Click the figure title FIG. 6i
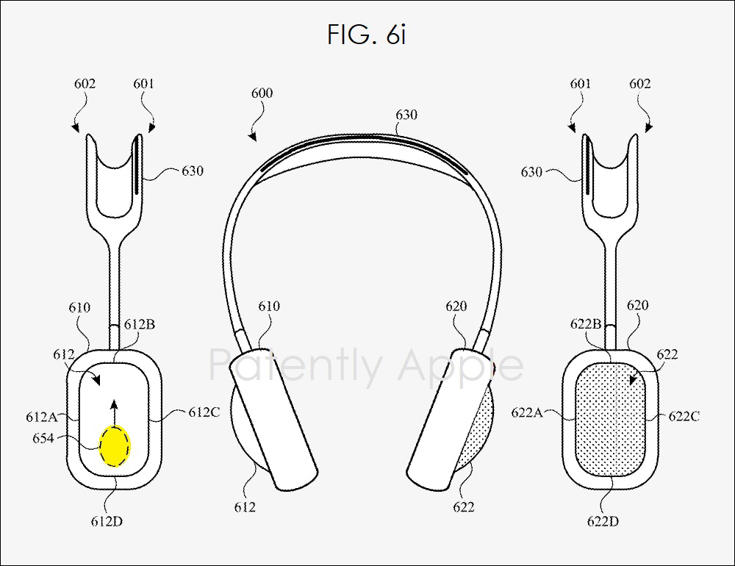(x=366, y=35)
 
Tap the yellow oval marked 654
(x=115, y=445)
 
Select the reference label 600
(x=262, y=93)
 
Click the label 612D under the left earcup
(x=107, y=521)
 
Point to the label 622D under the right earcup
(x=603, y=521)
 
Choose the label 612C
(x=204, y=412)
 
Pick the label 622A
(x=527, y=412)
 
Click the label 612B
(x=139, y=324)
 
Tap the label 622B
(x=586, y=323)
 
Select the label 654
(x=43, y=438)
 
